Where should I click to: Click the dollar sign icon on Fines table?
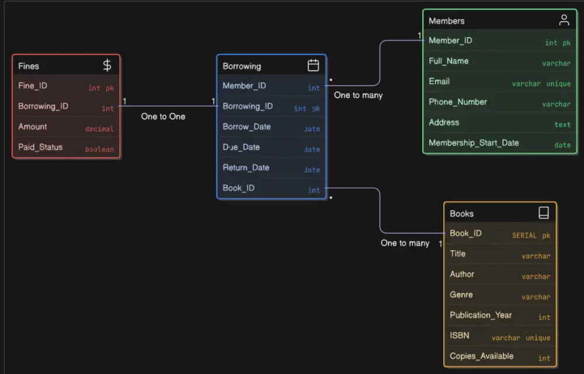point(107,65)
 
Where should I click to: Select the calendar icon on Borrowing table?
point(313,65)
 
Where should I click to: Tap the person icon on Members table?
point(564,20)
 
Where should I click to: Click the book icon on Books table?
point(543,213)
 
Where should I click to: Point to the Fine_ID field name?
point(33,86)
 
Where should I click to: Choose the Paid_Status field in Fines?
point(40,147)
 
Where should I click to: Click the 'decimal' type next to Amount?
point(99,129)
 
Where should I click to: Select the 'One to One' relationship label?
point(163,116)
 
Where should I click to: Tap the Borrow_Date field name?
point(246,127)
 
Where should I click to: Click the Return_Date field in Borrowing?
point(246,168)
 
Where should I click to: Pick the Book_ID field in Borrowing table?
point(238,188)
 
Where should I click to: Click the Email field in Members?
point(439,81)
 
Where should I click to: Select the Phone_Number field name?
point(458,102)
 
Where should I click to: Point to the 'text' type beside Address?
point(562,124)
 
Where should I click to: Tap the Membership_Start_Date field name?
point(474,143)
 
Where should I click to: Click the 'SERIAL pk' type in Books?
point(531,236)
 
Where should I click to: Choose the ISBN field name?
point(459,335)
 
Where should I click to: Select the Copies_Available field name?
point(482,356)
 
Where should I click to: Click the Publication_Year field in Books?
point(481,315)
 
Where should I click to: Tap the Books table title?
point(461,214)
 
